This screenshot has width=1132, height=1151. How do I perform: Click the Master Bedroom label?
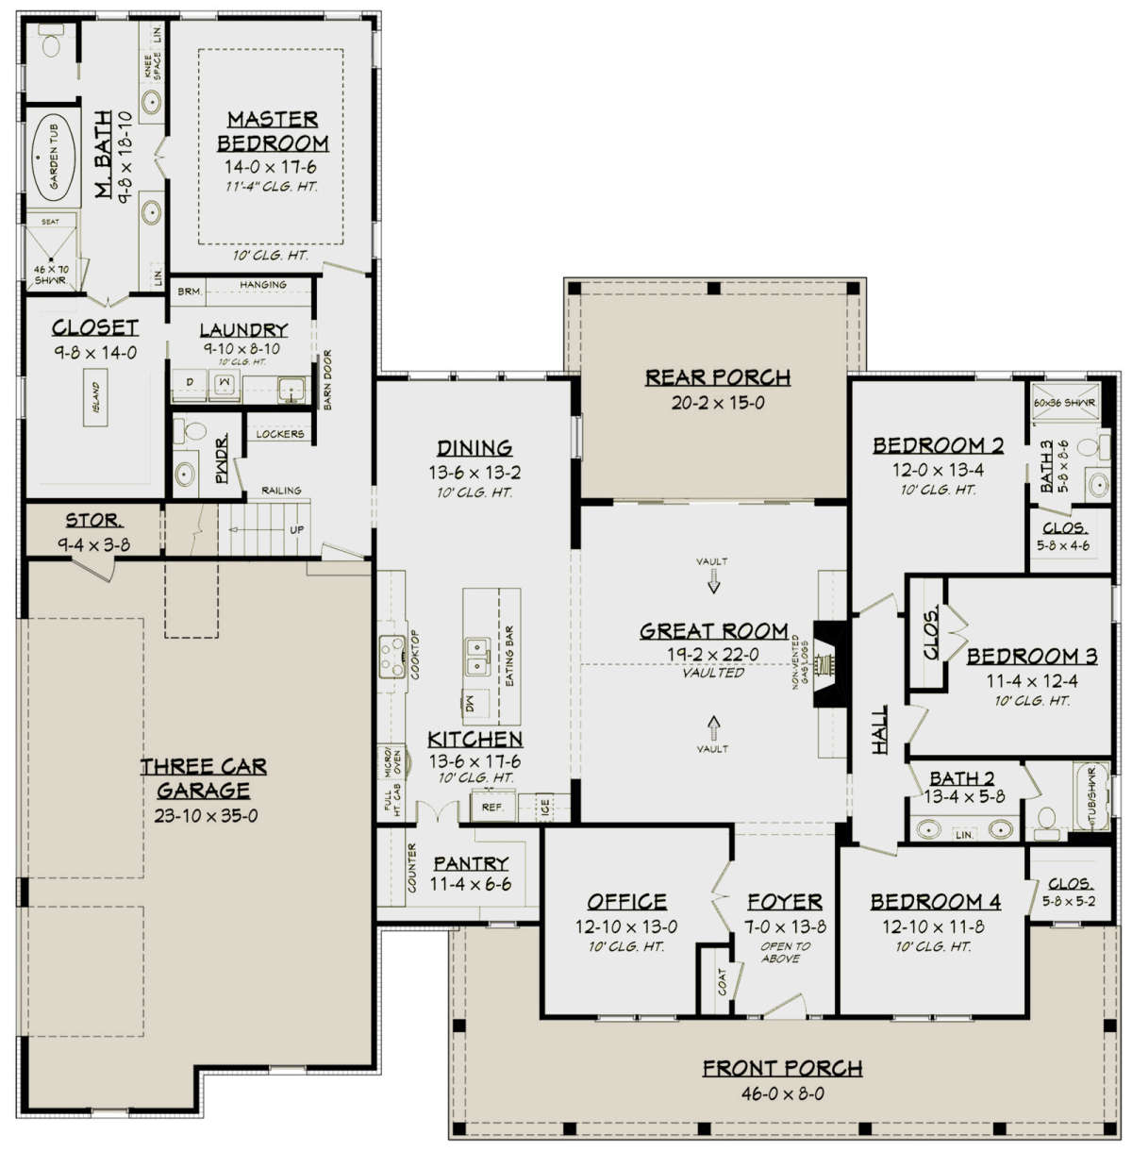(x=273, y=131)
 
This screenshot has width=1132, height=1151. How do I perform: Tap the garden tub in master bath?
(x=52, y=158)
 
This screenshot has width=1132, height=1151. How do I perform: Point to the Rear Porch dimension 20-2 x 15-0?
(x=717, y=403)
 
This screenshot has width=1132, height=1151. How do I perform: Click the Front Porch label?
(x=782, y=1068)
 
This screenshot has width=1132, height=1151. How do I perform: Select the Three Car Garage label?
(x=204, y=778)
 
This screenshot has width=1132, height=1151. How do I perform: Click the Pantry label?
(x=471, y=863)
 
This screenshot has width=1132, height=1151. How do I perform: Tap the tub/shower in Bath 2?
(x=1090, y=798)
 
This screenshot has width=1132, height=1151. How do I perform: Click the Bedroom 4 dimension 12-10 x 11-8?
(x=933, y=927)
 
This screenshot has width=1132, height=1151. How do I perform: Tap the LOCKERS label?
(x=280, y=434)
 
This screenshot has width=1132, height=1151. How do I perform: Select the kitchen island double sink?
(x=476, y=656)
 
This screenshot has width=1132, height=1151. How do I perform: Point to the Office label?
(x=626, y=901)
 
